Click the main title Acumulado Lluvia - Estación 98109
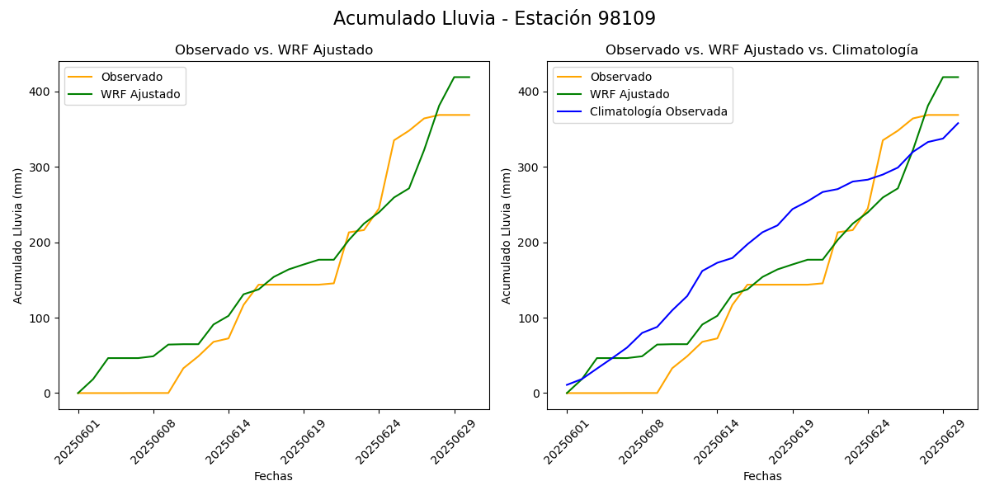[494, 18]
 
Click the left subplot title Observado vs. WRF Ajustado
[274, 50]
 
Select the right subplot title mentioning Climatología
[761, 50]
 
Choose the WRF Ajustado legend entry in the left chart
[140, 94]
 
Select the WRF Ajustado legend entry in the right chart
[629, 94]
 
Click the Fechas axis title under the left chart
[273, 476]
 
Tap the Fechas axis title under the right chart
[762, 476]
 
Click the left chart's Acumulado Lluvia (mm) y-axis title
[18, 235]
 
